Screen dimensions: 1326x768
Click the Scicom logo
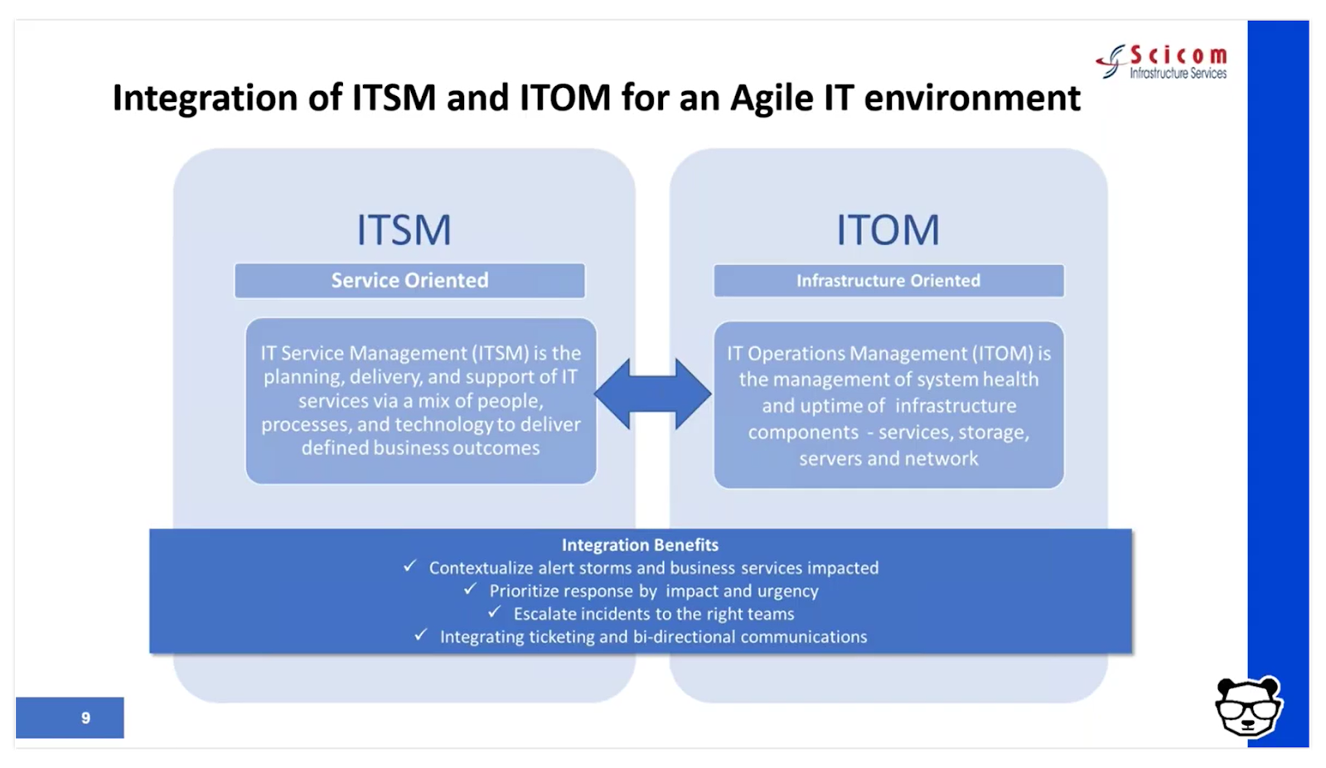tap(1161, 62)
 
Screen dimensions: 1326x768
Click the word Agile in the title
tap(772, 99)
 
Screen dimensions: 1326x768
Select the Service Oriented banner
tap(409, 281)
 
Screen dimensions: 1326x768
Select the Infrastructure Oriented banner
tap(888, 281)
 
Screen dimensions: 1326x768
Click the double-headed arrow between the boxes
tap(653, 394)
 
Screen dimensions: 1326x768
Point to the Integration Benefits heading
tap(640, 545)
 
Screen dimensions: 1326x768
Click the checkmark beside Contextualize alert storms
tap(409, 566)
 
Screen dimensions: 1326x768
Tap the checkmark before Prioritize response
tap(470, 589)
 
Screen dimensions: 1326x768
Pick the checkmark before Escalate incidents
tap(494, 612)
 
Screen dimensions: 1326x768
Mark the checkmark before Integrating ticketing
tap(420, 635)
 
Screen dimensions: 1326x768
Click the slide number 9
tap(86, 717)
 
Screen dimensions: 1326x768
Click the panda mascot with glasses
tap(1248, 708)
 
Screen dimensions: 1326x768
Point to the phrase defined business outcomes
tap(420, 448)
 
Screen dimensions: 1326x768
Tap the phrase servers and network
tap(888, 458)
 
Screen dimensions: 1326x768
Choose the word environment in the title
tap(972, 99)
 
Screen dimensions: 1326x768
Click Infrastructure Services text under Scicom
tap(1178, 74)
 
